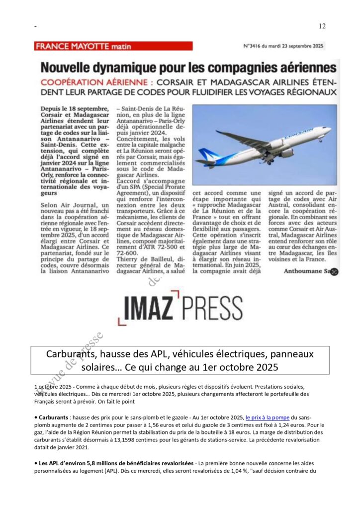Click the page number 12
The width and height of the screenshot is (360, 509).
(322, 26)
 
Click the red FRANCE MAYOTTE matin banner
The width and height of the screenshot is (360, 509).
(113, 46)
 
